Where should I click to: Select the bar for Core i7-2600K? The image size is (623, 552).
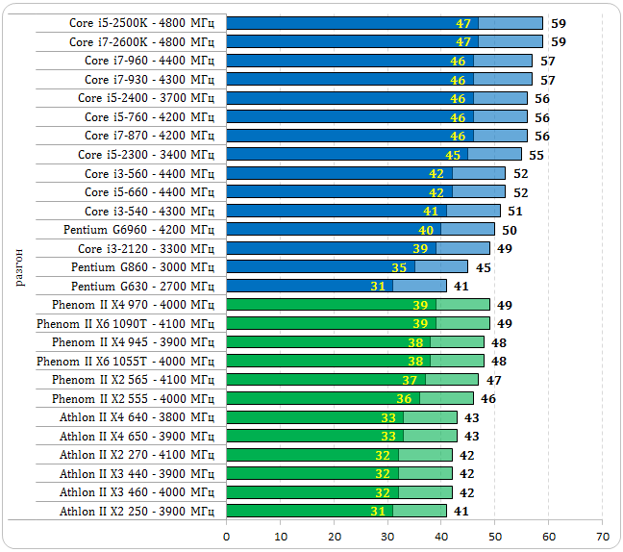385,41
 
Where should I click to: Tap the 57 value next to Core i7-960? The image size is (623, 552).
548,61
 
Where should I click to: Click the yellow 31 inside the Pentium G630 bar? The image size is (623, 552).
378,286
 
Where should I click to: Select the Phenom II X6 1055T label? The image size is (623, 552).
125,361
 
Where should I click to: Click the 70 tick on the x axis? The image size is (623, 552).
602,536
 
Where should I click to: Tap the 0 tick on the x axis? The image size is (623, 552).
227,536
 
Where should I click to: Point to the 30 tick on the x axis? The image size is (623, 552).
387,536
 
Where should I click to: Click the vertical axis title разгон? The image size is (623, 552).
21,267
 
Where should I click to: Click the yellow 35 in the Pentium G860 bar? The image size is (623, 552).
399,267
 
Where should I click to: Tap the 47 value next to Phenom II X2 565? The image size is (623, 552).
494,380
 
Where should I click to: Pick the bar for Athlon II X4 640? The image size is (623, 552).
341,417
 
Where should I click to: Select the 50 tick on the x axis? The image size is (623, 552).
494,536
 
